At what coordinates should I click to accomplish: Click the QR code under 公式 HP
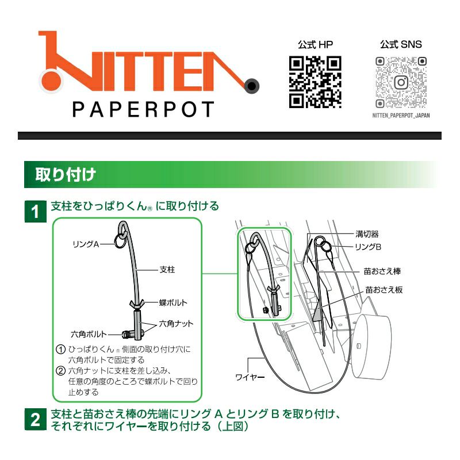pyautogui.click(x=315, y=82)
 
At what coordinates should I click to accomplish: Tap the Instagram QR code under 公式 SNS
pyautogui.click(x=401, y=82)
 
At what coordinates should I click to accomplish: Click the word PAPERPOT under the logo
pyautogui.click(x=143, y=109)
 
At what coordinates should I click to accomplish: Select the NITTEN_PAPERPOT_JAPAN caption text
pyautogui.click(x=401, y=116)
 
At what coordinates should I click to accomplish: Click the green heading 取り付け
pyautogui.click(x=66, y=175)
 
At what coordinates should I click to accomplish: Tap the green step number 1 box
pyautogui.click(x=36, y=212)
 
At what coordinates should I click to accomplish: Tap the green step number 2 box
pyautogui.click(x=36, y=420)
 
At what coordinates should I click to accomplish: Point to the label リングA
pyautogui.click(x=86, y=244)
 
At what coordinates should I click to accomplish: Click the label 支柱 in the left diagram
pyautogui.click(x=167, y=269)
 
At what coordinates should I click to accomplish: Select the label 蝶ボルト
pyautogui.click(x=173, y=302)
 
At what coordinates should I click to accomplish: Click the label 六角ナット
pyautogui.click(x=176, y=324)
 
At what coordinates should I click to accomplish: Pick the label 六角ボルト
pyautogui.click(x=89, y=334)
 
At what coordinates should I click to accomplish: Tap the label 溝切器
pyautogui.click(x=367, y=234)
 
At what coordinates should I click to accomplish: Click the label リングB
pyautogui.click(x=368, y=247)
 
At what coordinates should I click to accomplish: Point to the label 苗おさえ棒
pyautogui.click(x=382, y=271)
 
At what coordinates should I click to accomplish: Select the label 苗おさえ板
pyautogui.click(x=384, y=290)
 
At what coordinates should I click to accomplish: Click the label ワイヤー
pyautogui.click(x=250, y=377)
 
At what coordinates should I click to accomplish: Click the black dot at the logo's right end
pyautogui.click(x=251, y=86)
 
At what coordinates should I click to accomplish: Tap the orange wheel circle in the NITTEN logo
pyautogui.click(x=51, y=81)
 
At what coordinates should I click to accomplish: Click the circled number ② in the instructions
pyautogui.click(x=60, y=371)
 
